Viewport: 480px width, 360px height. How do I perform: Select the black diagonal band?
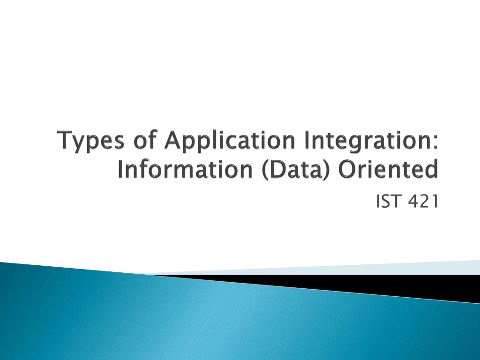(x=375, y=283)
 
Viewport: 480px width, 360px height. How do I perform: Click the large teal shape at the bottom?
(x=187, y=319)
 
